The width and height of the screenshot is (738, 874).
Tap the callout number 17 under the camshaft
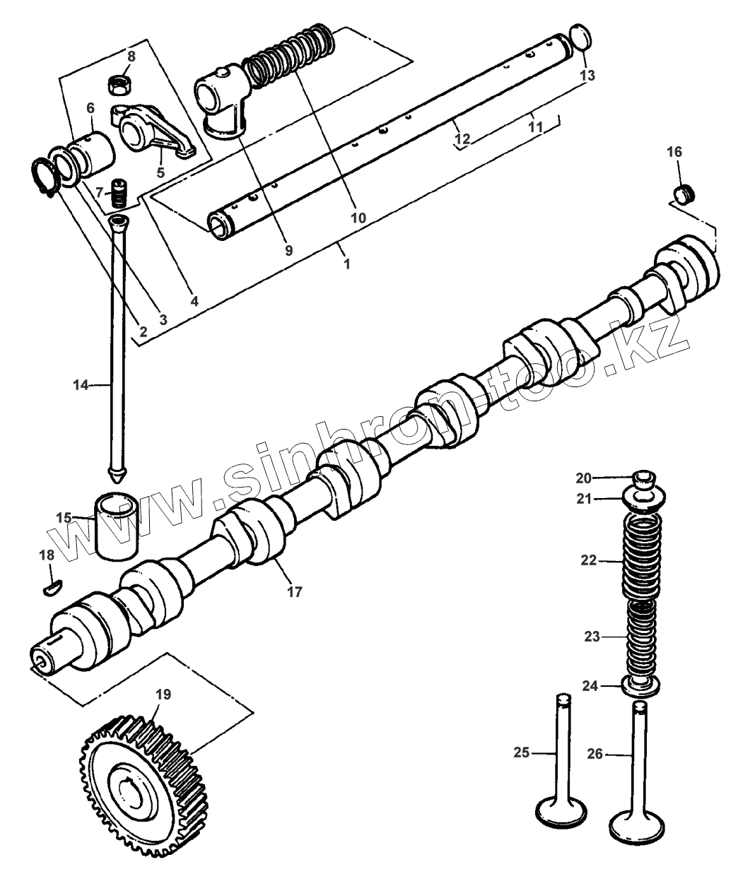[x=294, y=592]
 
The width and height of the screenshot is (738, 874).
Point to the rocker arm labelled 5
[x=152, y=131]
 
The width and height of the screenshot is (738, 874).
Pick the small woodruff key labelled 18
[x=53, y=586]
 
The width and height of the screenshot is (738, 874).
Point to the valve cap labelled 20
[x=640, y=478]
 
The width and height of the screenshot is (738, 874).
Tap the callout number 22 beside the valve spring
[x=588, y=560]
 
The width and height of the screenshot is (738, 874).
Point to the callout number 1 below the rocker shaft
[x=346, y=264]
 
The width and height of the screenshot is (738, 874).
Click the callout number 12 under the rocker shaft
[x=462, y=139]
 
